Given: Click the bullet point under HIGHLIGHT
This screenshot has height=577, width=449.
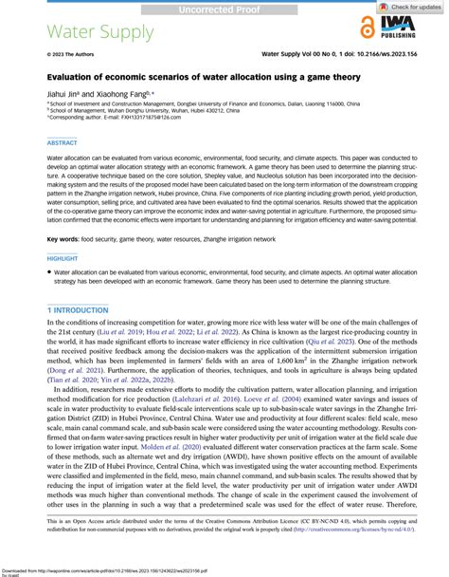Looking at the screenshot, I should coord(52,272).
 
